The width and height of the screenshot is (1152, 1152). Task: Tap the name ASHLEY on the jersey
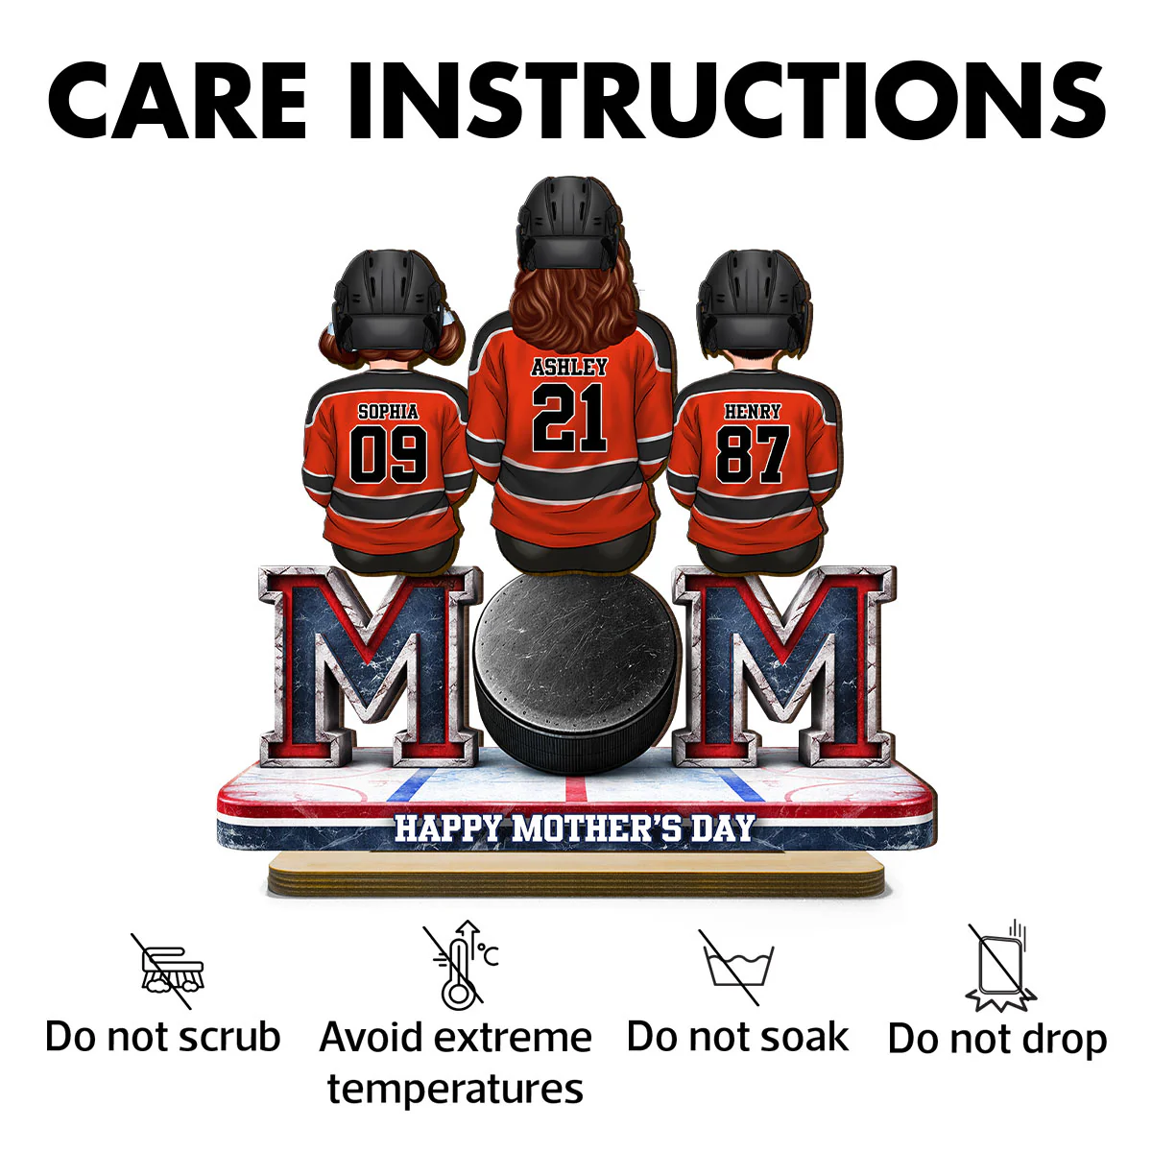(569, 367)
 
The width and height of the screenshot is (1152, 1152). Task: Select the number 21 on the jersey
(569, 417)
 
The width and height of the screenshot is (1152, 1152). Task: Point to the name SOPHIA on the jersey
(388, 411)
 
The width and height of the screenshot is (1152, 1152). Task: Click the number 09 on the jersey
(389, 454)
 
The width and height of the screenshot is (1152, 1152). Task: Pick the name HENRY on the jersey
(753, 411)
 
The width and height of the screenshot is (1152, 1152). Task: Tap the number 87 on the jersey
(753, 454)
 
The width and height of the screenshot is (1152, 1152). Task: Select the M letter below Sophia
(371, 666)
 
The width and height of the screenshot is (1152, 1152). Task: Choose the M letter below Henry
(783, 666)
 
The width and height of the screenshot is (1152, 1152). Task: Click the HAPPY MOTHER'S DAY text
(574, 828)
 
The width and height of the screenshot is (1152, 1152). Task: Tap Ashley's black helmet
(568, 223)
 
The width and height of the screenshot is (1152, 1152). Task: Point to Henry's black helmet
(754, 300)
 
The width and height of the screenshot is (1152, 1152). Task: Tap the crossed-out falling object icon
(1000, 966)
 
